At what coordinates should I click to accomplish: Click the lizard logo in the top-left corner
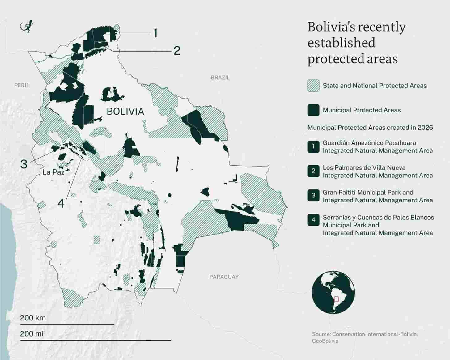(x=27, y=27)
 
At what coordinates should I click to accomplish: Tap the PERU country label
(x=21, y=85)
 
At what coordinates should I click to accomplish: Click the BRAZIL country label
(x=220, y=78)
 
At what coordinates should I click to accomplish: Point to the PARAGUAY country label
(x=224, y=277)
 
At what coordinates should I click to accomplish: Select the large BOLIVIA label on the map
(x=125, y=111)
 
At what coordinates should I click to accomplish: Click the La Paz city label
(x=53, y=172)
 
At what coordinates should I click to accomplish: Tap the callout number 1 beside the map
(x=155, y=33)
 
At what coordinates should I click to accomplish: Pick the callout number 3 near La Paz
(x=24, y=164)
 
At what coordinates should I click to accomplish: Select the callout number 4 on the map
(x=61, y=203)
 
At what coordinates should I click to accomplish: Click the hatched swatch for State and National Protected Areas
(x=313, y=86)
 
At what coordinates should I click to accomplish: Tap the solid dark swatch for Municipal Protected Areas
(x=313, y=110)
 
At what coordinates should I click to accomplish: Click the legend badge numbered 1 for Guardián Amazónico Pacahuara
(x=313, y=146)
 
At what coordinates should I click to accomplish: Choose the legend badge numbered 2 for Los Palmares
(x=313, y=171)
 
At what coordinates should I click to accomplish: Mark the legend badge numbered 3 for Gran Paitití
(x=313, y=196)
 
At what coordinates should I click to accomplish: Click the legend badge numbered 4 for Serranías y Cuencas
(x=313, y=220)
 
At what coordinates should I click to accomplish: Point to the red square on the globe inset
(x=336, y=299)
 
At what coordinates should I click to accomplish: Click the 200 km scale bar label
(x=33, y=318)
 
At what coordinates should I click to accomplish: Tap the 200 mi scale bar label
(x=32, y=334)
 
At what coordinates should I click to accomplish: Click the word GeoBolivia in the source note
(x=325, y=341)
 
